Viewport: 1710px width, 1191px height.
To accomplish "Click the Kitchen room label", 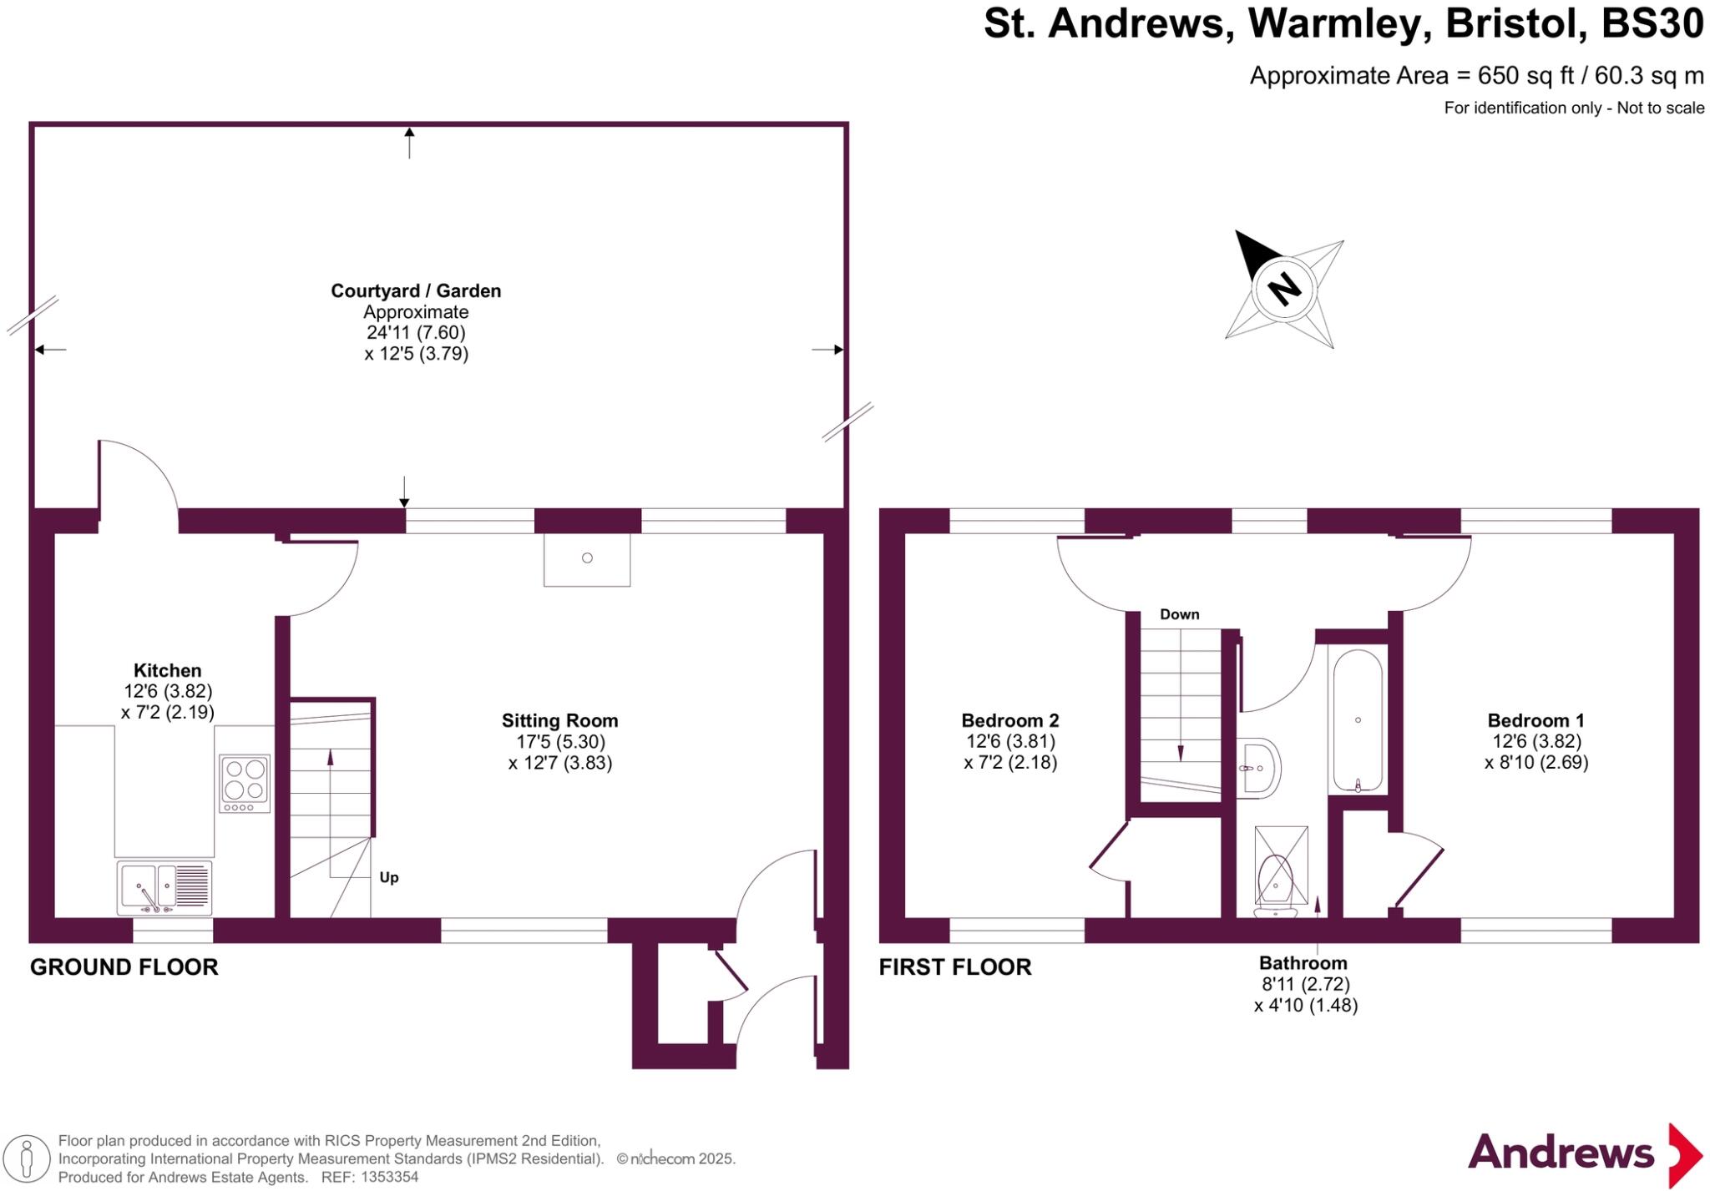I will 167,670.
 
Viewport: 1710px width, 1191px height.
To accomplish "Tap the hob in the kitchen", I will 245,782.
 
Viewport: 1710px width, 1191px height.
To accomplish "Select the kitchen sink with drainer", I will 164,886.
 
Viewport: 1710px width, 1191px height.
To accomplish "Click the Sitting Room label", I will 559,720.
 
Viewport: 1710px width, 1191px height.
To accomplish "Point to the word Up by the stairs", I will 389,877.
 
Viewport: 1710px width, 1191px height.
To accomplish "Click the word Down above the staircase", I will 1179,614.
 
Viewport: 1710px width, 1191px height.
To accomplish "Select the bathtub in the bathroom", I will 1358,720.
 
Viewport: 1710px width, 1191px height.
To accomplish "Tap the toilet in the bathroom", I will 1275,881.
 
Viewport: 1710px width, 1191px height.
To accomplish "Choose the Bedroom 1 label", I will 1535,720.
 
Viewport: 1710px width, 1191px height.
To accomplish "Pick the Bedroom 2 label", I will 1009,720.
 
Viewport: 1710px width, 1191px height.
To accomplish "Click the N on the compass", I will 1284,289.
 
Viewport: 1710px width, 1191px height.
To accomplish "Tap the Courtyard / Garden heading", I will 416,291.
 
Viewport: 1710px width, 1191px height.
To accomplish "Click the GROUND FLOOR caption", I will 124,967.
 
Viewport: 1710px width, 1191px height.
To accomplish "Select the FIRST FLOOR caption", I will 954,967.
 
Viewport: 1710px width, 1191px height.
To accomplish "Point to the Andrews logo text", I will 1561,1153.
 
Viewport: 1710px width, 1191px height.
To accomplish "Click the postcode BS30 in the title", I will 1652,23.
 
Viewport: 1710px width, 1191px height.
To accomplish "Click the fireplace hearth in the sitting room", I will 587,559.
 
